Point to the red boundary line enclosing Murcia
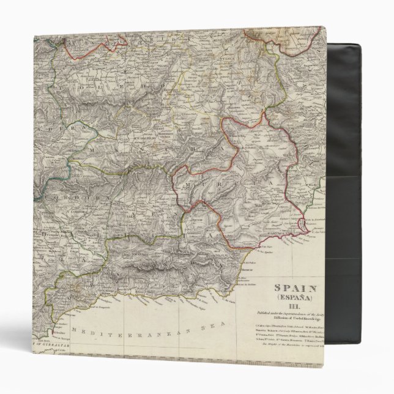[x=175, y=184]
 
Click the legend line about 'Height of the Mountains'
[x=288, y=346]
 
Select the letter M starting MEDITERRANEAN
[x=74, y=330]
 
